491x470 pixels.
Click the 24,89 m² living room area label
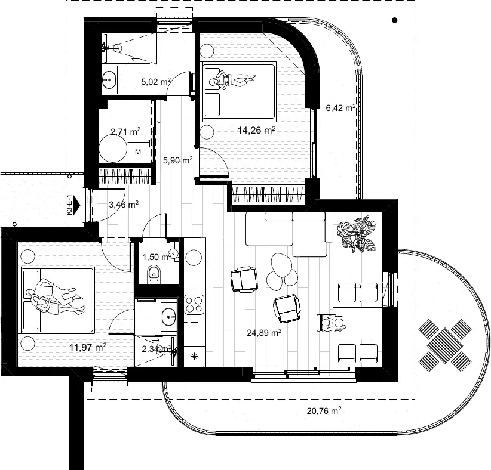coord(264,332)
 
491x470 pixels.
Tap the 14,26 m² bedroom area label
coord(256,130)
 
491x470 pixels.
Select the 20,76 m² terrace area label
coord(324,410)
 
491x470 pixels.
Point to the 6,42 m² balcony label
coord(340,108)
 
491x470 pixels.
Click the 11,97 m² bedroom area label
coord(88,347)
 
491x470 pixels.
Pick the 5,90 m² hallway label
coord(177,160)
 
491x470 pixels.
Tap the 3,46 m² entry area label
coord(124,205)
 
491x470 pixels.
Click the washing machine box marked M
coord(138,152)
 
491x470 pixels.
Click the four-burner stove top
coord(194,305)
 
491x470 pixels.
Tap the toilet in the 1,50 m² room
coord(154,273)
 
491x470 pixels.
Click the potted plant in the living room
coord(357,235)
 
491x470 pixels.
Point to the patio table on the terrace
coord(444,345)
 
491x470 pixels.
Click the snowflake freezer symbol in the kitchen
coord(194,356)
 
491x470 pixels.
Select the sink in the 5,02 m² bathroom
coord(109,80)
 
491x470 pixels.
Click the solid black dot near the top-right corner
coord(395,20)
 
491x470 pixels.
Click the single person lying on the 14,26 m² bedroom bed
coord(233,80)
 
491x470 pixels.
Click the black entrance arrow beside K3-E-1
coord(77,205)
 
